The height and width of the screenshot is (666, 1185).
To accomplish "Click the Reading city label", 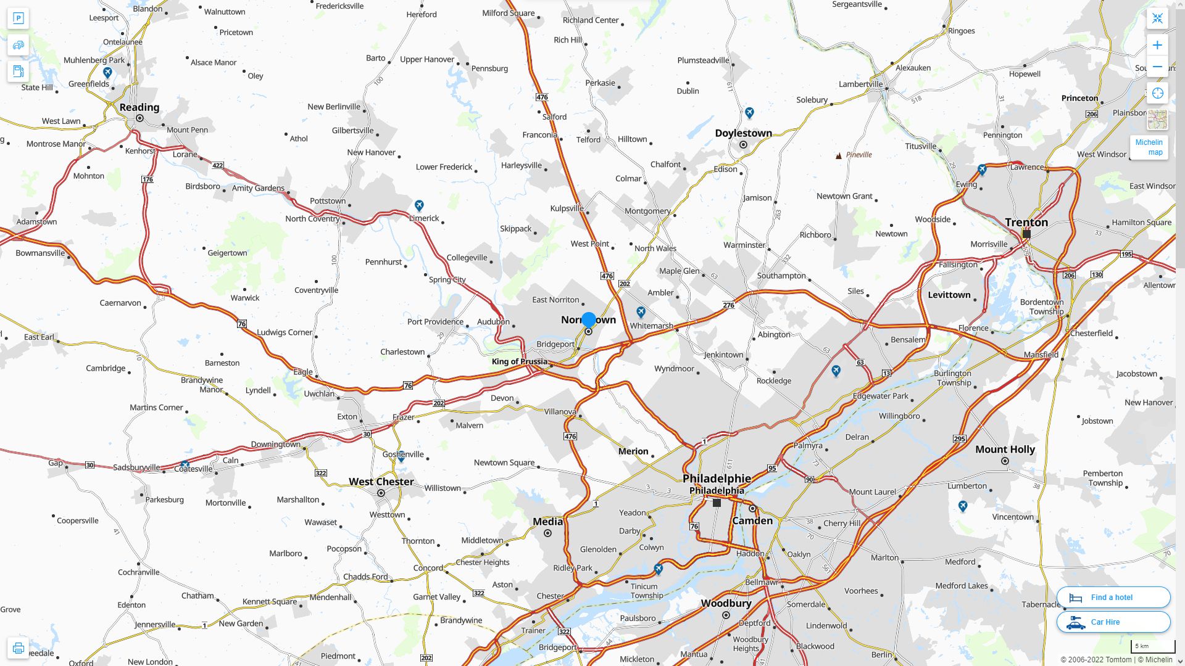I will pos(139,107).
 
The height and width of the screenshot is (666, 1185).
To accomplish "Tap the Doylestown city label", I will pos(743,133).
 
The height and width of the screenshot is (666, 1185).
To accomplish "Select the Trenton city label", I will pos(1026,223).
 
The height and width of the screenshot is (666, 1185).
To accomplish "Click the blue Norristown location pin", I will pos(589,319).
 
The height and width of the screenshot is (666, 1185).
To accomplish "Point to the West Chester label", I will pos(381,482).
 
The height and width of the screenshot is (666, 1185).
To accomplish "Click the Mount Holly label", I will pos(1004,450).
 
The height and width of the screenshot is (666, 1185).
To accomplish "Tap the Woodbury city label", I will pos(726,603).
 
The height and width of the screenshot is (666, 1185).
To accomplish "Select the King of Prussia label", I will pos(519,361).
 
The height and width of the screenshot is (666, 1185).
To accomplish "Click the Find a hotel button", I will pos(1113,597).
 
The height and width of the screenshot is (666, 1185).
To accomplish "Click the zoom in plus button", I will pos(1157,45).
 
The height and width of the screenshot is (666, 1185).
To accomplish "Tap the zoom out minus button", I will pos(1157,67).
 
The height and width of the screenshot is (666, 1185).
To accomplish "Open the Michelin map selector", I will pos(1149,147).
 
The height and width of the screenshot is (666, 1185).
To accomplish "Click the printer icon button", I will pos(18,648).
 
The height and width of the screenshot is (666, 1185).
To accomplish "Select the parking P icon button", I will pos(18,18).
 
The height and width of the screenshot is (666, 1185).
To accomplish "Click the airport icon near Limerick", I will pos(419,205).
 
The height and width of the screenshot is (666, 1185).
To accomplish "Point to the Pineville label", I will pos(859,155).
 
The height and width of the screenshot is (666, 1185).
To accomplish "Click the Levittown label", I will pos(949,295).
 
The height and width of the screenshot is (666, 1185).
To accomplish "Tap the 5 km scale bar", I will pos(1152,646).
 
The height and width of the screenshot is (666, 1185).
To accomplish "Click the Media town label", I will pos(547,522).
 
